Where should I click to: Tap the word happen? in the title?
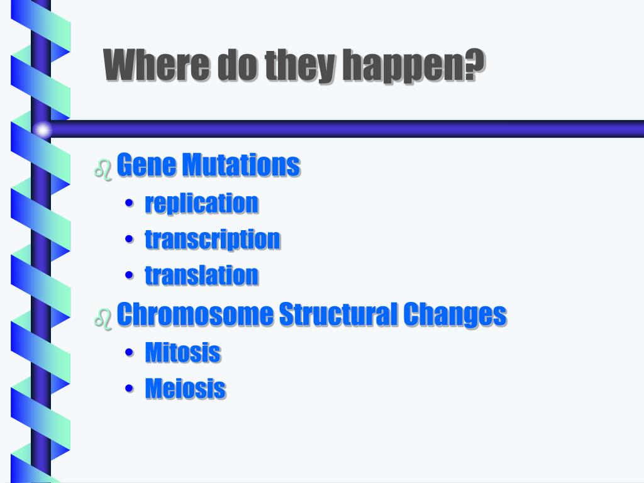(413, 67)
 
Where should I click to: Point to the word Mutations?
(241, 165)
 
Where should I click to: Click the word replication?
(202, 203)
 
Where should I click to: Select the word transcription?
(213, 240)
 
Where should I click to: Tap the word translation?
(202, 275)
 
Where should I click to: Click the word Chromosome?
(195, 314)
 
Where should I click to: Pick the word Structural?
(338, 314)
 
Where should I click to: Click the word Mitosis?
(183, 352)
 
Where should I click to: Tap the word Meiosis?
(186, 388)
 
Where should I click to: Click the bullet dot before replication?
(130, 203)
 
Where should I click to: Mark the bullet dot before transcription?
(130, 239)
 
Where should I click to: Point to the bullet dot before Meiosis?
(130, 388)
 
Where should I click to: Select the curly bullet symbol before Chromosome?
(103, 319)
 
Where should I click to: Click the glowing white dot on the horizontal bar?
(42, 130)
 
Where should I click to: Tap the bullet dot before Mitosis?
(130, 352)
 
